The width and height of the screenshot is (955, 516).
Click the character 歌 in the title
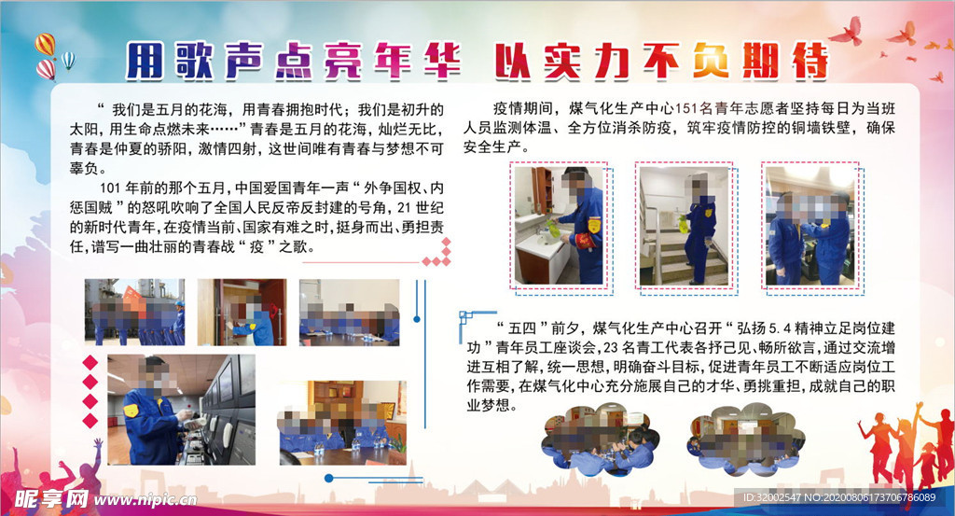(194, 61)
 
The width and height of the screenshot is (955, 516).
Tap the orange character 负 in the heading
(710, 61)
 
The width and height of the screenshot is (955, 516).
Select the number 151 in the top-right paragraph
(685, 108)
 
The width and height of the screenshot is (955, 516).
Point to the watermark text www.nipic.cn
(145, 500)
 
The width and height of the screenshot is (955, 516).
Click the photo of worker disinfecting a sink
(559, 226)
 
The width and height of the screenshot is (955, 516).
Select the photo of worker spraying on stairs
(684, 226)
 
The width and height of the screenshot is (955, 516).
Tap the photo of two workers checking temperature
(810, 226)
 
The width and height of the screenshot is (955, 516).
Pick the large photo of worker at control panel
(182, 410)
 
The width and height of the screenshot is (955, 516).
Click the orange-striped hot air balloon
(45, 45)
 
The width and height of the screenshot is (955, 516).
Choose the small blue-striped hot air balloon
(68, 60)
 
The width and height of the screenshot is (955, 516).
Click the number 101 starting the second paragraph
(110, 188)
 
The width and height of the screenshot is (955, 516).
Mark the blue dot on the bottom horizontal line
(329, 479)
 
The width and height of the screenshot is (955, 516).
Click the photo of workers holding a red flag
(134, 312)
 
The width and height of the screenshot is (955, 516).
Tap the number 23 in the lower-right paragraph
(610, 348)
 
